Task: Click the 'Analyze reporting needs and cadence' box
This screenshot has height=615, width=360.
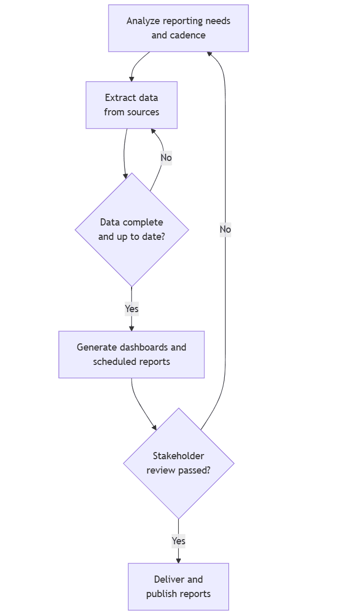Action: tap(178, 28)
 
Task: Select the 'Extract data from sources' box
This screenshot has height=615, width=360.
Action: tap(132, 105)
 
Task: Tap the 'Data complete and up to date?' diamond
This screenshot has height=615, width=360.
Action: tap(132, 229)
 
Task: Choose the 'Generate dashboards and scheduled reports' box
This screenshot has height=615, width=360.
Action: tap(132, 354)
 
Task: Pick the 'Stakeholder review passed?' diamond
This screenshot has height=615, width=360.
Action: tap(178, 463)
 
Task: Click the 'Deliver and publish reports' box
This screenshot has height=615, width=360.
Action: tap(178, 586)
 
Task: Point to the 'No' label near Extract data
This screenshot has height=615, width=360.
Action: tap(166, 157)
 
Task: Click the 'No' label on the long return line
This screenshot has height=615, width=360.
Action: tap(225, 229)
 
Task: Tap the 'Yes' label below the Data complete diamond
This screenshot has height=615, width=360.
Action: tap(132, 309)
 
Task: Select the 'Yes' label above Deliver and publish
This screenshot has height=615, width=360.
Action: tap(178, 541)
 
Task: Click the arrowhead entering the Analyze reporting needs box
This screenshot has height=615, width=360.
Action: tap(209, 54)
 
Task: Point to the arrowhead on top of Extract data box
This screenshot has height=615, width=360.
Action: tap(132, 78)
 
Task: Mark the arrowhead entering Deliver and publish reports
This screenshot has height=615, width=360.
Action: tap(178, 560)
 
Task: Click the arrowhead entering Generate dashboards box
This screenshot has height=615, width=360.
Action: tap(132, 328)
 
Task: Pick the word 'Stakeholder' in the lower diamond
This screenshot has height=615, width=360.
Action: tap(178, 456)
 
